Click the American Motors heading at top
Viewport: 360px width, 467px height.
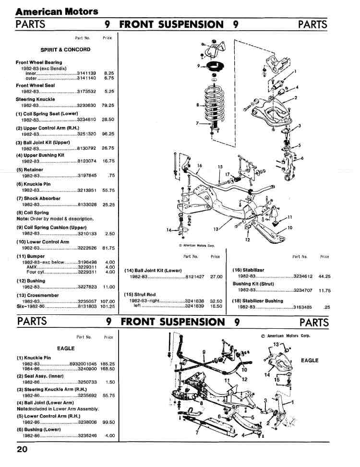click(57, 11)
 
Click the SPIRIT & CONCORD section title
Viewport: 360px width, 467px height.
click(65, 49)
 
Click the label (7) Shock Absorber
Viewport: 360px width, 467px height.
click(38, 198)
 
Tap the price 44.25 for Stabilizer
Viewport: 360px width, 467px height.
click(324, 276)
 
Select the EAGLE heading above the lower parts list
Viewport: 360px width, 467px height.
click(66, 348)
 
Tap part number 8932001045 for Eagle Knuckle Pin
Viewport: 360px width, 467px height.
click(83, 364)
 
